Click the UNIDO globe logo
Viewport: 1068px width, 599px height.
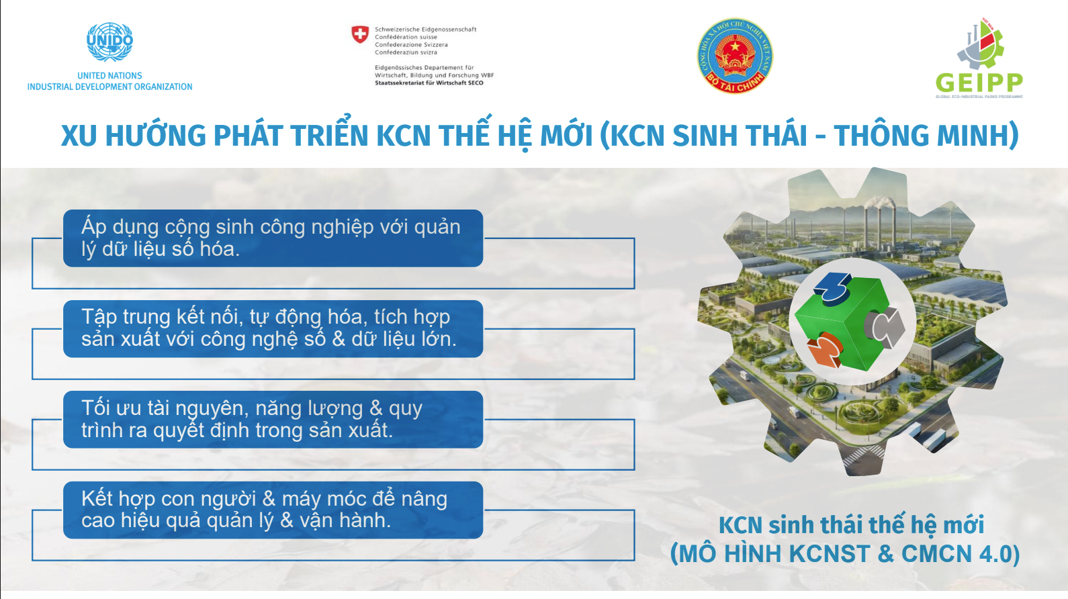click(x=109, y=42)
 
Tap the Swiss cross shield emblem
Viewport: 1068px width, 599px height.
click(x=360, y=34)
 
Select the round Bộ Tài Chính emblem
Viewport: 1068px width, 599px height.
click(x=735, y=56)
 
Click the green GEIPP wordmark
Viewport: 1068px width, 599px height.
click(x=979, y=83)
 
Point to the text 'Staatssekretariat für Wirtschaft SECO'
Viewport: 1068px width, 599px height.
click(x=429, y=83)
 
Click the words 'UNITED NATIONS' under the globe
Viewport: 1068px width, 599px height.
click(x=109, y=76)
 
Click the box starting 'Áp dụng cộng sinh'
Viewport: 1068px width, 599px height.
click(x=273, y=238)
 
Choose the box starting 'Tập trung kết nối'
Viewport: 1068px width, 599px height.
click(x=273, y=328)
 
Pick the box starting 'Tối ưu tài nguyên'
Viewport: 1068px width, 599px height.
click(x=273, y=419)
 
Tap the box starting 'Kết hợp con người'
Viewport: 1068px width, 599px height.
click(x=273, y=510)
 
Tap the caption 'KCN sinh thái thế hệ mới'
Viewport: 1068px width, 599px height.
click(x=851, y=524)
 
